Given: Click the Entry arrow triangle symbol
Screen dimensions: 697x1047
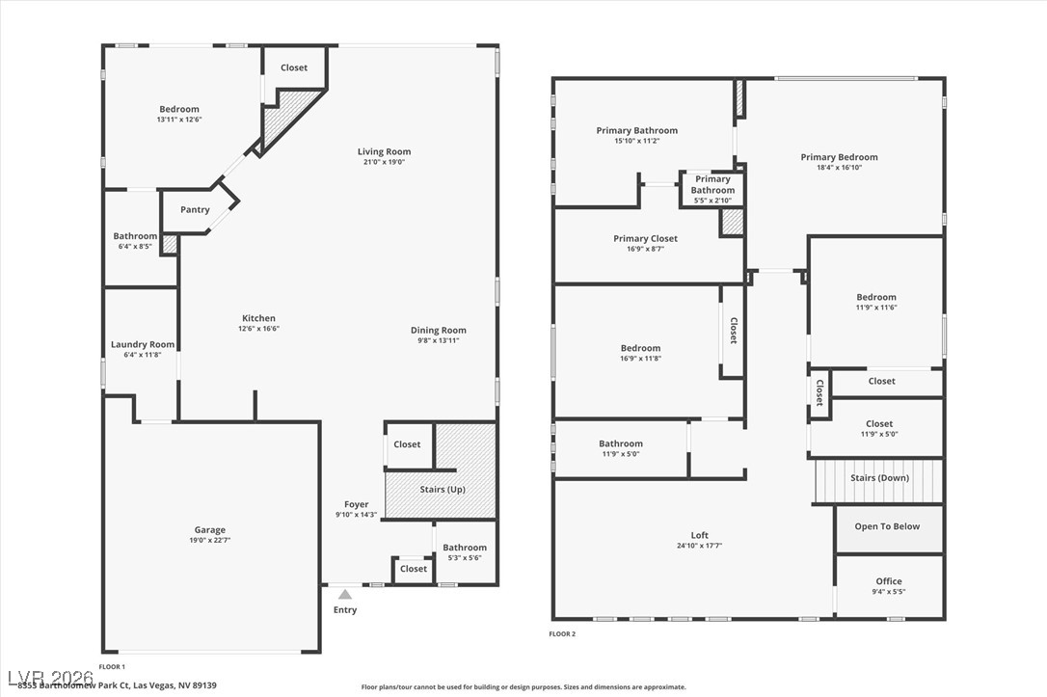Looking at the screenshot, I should tap(345, 595).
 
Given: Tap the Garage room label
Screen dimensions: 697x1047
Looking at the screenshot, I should tap(209, 529).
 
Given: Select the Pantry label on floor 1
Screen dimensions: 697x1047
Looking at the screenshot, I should tap(195, 210).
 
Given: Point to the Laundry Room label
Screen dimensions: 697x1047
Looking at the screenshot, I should tap(143, 344).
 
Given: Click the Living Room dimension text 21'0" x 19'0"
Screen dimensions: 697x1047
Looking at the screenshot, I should tap(384, 162).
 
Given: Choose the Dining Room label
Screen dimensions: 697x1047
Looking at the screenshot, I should tap(438, 330).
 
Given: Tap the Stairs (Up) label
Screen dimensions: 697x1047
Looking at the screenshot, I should tap(442, 490).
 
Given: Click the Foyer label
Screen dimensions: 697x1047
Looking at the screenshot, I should tap(357, 504).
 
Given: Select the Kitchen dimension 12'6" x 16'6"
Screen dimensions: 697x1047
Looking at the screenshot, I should tap(258, 329).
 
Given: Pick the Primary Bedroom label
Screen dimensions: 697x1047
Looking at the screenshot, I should tap(839, 157).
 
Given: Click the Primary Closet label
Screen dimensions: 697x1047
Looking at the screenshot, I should tap(645, 238).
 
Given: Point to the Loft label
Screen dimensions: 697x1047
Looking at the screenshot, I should tap(699, 535).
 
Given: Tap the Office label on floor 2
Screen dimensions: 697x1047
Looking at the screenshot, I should tap(888, 581).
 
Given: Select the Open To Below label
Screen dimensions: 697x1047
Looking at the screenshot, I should tap(887, 526).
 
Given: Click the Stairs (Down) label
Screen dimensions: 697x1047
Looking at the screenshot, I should tap(879, 478).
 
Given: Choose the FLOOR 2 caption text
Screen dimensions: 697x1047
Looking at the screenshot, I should tap(562, 633).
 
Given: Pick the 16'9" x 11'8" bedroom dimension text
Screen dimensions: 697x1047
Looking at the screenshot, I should tap(640, 359).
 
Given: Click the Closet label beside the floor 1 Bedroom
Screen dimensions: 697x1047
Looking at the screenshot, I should tap(294, 67).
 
